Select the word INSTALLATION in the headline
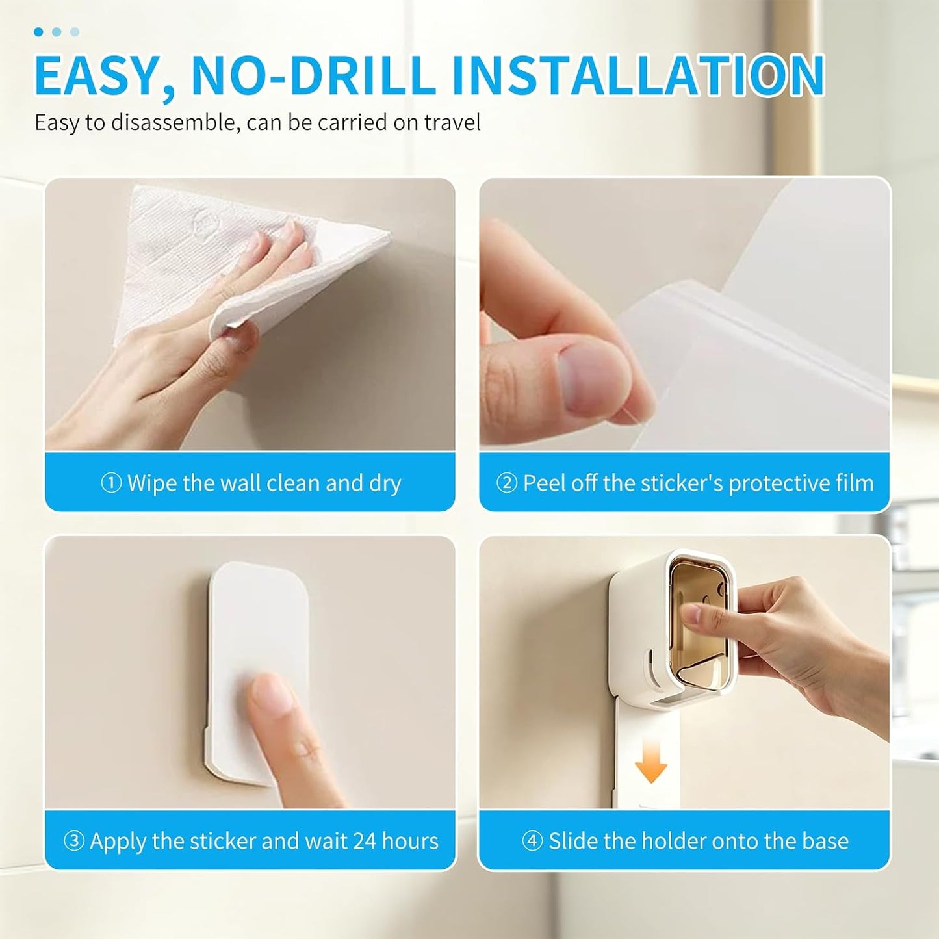click(x=638, y=75)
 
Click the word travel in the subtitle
click(x=453, y=122)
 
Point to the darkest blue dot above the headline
click(x=38, y=32)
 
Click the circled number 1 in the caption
click(x=110, y=484)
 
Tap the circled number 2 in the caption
click(x=506, y=484)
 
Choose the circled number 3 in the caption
click(x=74, y=842)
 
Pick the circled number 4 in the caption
click(x=532, y=842)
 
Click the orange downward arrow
click(x=651, y=765)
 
